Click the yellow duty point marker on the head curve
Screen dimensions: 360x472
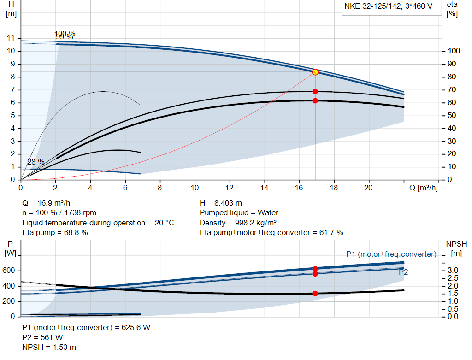coord(315,72)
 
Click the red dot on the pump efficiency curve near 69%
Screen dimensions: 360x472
coord(315,92)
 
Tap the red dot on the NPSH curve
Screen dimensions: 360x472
coord(315,293)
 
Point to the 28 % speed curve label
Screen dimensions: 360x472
coord(35,162)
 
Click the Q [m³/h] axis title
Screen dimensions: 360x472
coord(423,188)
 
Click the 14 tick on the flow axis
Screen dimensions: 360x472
coord(264,188)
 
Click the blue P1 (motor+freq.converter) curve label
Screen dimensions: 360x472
coord(391,254)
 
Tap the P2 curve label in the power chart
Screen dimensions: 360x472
coord(403,272)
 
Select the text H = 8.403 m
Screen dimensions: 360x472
coord(221,203)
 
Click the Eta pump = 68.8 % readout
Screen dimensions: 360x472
coord(55,232)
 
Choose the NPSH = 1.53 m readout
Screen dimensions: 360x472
coord(49,347)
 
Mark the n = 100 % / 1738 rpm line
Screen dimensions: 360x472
coord(59,212)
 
